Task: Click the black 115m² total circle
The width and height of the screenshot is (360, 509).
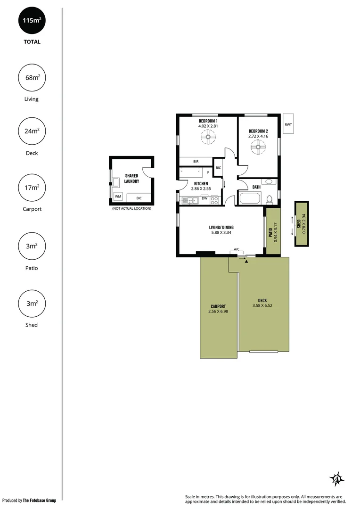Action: pyautogui.click(x=32, y=22)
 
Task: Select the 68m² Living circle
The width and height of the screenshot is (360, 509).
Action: pyautogui.click(x=32, y=77)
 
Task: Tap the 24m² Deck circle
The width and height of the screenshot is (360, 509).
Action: pyautogui.click(x=32, y=131)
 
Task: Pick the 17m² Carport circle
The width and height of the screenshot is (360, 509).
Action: pyautogui.click(x=32, y=188)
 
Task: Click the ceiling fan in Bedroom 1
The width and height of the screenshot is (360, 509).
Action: pyautogui.click(x=208, y=138)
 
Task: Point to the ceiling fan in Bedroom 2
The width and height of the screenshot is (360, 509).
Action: pyautogui.click(x=258, y=148)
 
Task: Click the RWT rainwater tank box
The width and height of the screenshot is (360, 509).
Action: pyautogui.click(x=288, y=124)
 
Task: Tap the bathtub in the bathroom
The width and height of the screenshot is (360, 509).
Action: pyautogui.click(x=250, y=198)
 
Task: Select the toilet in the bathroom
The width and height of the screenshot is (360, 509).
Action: pyautogui.click(x=270, y=199)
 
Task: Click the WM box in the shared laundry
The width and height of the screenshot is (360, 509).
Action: pyautogui.click(x=118, y=196)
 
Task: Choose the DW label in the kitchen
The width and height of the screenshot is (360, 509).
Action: pyautogui.click(x=205, y=198)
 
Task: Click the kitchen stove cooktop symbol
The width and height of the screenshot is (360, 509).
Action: pyautogui.click(x=214, y=200)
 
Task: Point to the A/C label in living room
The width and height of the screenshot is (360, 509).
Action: pyautogui.click(x=236, y=249)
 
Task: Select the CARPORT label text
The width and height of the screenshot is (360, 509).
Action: pyautogui.click(x=218, y=306)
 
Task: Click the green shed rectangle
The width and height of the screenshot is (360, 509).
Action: pyautogui.click(x=302, y=224)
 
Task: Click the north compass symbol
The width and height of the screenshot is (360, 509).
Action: pyautogui.click(x=336, y=479)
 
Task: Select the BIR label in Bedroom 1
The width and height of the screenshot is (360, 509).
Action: pyautogui.click(x=196, y=162)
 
